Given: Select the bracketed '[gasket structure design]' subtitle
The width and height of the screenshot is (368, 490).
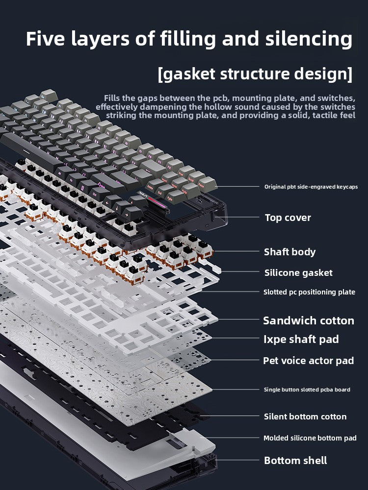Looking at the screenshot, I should tap(255, 74).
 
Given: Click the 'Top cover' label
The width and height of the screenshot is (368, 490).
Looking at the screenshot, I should tap(288, 218).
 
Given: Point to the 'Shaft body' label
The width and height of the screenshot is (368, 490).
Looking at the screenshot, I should tap(289, 252).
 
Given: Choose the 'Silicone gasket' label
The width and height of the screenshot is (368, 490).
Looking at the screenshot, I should tap(298, 272).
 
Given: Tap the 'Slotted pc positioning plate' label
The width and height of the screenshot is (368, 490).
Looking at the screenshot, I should tap(309, 292).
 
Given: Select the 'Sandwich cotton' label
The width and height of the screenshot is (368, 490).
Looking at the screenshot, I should tap(308, 320).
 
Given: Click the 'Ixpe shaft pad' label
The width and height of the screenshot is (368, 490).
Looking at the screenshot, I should tap(301, 339).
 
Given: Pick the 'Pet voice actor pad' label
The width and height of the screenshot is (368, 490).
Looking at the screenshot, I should tap(308, 361).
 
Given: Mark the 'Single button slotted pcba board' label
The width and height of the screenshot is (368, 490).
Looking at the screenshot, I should tap(307, 390).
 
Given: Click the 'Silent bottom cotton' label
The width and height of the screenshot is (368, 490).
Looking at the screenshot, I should tap(305, 416).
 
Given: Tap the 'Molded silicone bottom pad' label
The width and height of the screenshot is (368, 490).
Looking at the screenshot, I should tap(310, 438).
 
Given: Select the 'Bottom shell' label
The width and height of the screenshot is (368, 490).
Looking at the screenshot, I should tap(295, 460).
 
